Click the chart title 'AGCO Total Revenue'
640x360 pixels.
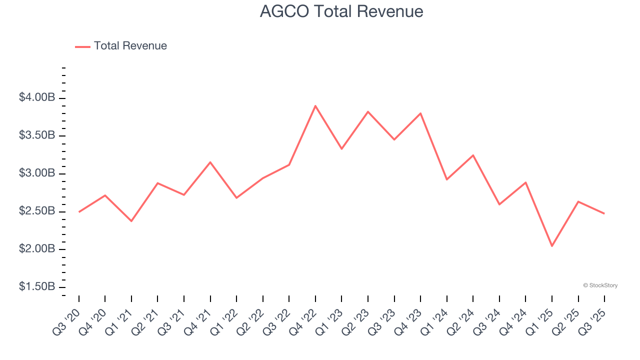tap(341, 11)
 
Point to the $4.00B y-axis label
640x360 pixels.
tap(37, 97)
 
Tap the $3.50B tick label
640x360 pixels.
tap(37, 135)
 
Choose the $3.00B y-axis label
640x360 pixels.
tap(37, 173)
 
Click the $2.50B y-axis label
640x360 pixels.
tap(37, 211)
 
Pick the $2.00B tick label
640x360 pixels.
tap(37, 249)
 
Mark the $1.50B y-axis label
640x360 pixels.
tap(37, 287)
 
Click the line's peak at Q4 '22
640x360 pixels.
tap(315, 106)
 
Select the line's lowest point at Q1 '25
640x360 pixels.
tap(552, 246)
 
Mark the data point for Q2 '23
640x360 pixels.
tap(368, 111)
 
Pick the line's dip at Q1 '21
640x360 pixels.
tap(131, 221)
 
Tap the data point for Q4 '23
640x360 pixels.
tap(420, 113)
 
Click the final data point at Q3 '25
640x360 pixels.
tap(604, 213)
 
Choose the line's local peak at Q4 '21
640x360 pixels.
tap(210, 162)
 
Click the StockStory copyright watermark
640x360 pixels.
tap(600, 285)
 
